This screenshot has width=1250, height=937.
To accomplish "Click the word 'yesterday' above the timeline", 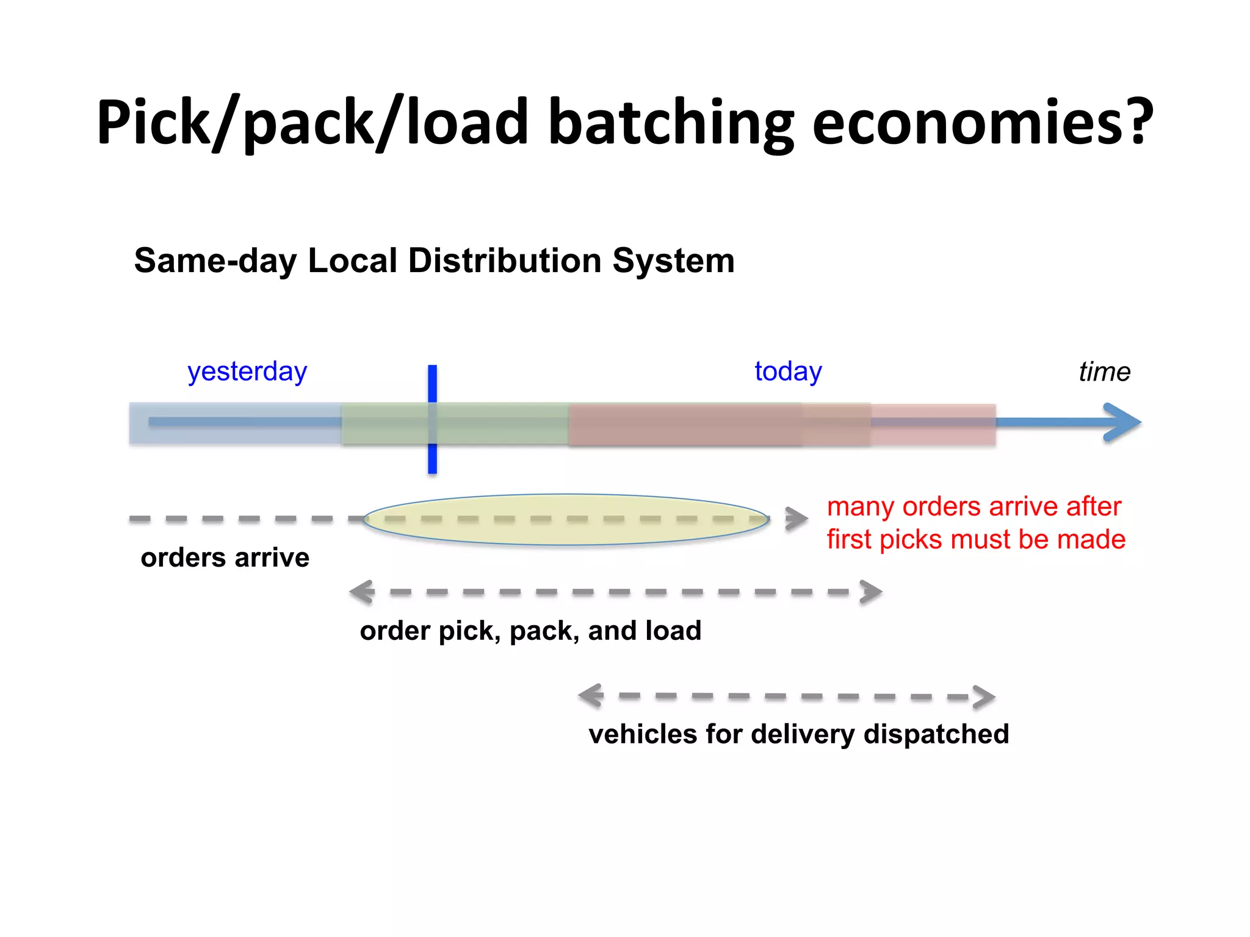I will [x=247, y=372].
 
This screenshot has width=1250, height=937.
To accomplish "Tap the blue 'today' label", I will [x=787, y=371].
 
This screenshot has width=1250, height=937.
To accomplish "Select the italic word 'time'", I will [x=1104, y=372].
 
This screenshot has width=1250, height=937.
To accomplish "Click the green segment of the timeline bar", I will [x=488, y=423].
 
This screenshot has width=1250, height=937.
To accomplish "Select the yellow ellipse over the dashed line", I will [x=566, y=519].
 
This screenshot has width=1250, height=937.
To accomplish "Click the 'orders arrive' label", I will [x=225, y=558].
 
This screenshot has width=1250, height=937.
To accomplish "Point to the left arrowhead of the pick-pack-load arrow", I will [x=362, y=592].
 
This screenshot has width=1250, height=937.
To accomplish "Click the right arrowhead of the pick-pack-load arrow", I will [x=871, y=592].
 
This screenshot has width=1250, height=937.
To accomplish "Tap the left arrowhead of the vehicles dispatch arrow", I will [x=591, y=695].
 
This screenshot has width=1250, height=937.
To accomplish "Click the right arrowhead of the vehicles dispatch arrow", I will [x=984, y=697].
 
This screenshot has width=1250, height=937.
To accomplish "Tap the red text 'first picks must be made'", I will [x=975, y=540].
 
